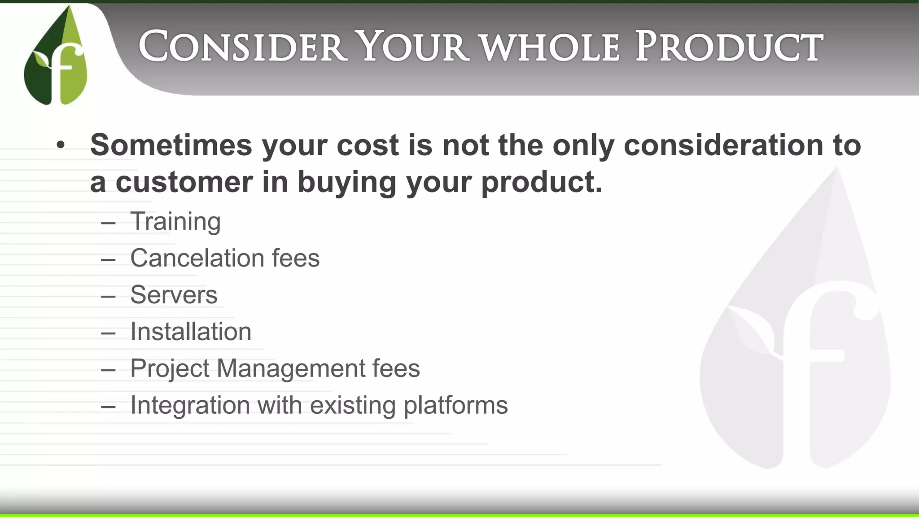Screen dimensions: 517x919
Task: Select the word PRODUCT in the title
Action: pyautogui.click(x=729, y=46)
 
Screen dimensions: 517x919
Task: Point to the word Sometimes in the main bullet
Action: pyautogui.click(x=171, y=145)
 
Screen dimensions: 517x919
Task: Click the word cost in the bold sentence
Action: pyautogui.click(x=368, y=145)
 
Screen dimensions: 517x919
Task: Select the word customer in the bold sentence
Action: pyautogui.click(x=184, y=182)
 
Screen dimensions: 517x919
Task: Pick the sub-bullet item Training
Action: pyautogui.click(x=175, y=222)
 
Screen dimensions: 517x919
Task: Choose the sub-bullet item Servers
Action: pyautogui.click(x=174, y=295)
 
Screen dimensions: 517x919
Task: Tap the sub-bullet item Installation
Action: pyautogui.click(x=191, y=332)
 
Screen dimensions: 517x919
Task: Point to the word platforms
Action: pyautogui.click(x=455, y=406)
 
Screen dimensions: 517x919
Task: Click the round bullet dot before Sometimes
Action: pyautogui.click(x=61, y=145)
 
